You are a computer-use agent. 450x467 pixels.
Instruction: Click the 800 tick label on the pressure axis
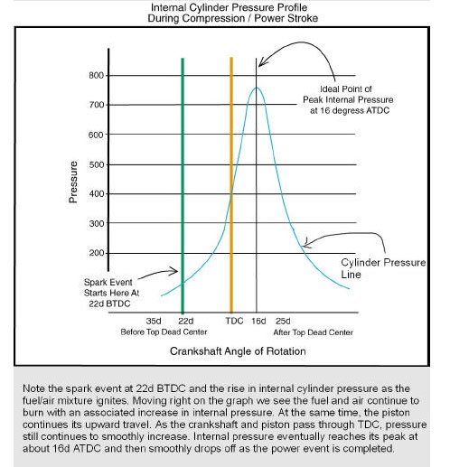click(97, 75)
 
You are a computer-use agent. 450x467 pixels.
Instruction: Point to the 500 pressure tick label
click(97, 164)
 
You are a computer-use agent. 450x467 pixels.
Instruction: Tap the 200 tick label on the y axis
click(97, 253)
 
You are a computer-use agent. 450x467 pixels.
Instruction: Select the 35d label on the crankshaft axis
click(154, 321)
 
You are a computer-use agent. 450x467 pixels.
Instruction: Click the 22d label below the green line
click(186, 321)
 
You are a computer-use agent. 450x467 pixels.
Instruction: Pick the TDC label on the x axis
click(234, 321)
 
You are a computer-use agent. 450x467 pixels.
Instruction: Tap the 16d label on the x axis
click(258, 321)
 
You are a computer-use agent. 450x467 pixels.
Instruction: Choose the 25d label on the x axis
click(283, 321)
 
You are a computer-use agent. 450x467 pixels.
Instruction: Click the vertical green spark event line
click(183, 185)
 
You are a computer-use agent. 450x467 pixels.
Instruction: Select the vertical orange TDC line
click(231, 185)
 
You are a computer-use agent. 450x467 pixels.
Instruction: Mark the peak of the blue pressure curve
click(257, 88)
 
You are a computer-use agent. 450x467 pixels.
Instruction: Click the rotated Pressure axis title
click(73, 182)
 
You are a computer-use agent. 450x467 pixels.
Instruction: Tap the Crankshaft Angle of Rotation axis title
click(238, 351)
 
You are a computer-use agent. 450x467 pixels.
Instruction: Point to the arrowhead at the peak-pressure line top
click(261, 63)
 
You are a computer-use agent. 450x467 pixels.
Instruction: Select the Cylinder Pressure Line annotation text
click(383, 268)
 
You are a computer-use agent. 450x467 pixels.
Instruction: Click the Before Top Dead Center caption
click(164, 332)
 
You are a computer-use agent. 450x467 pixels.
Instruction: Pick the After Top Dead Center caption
click(314, 332)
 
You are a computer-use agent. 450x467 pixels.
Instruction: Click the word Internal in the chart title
click(170, 7)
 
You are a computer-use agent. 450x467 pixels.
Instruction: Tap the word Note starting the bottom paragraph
click(34, 388)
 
